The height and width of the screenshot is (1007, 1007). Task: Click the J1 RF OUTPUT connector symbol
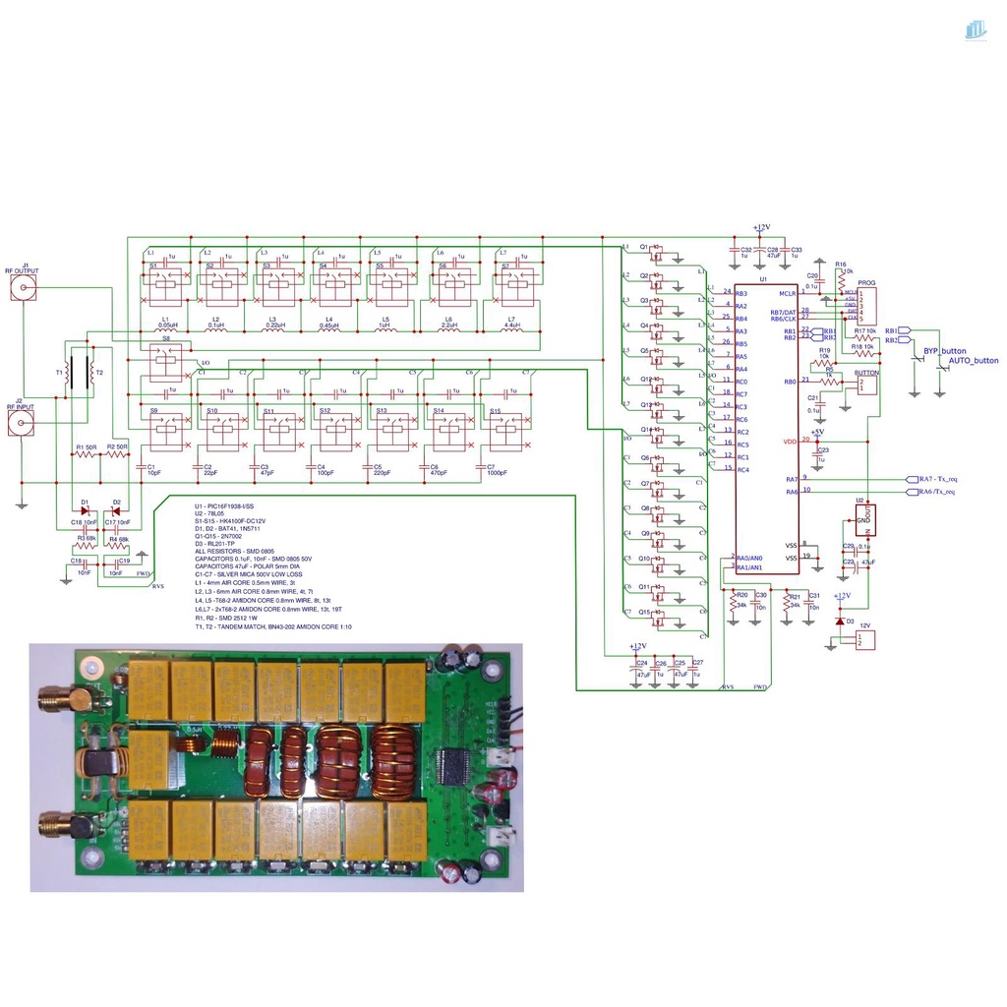24,288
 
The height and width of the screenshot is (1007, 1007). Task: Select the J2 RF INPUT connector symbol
24,424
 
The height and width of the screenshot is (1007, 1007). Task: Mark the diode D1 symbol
87,509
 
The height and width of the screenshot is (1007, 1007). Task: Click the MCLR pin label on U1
787,293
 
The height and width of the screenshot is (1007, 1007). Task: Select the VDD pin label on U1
789,442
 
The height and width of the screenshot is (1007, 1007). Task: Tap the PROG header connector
865,306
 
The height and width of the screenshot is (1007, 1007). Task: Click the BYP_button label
944,351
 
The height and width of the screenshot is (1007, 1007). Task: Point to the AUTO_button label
973,361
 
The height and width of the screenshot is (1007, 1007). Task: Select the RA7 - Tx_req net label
937,479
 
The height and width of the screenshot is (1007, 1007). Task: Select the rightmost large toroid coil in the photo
395,759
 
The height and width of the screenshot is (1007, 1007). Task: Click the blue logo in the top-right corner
975,30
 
